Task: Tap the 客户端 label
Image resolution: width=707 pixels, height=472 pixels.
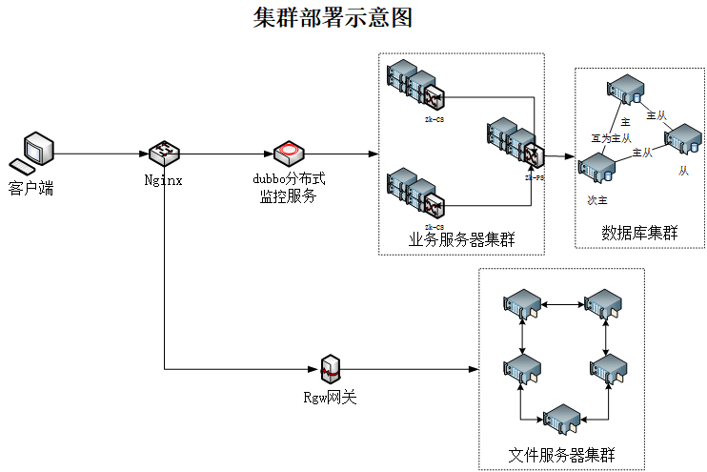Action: pyautogui.click(x=31, y=188)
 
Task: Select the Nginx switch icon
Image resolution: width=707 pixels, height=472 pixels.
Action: pyautogui.click(x=164, y=153)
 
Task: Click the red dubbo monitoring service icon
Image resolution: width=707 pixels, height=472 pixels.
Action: pyautogui.click(x=288, y=153)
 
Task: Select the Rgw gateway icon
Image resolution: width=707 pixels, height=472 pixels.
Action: pyautogui.click(x=330, y=368)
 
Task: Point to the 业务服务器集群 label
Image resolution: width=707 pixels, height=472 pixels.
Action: pyautogui.click(x=461, y=239)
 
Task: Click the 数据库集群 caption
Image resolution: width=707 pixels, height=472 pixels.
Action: pyautogui.click(x=638, y=233)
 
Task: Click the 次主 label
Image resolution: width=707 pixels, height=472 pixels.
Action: pyautogui.click(x=596, y=200)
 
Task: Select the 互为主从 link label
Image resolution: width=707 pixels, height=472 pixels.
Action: pyautogui.click(x=611, y=138)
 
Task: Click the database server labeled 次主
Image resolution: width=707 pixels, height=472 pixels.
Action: pyautogui.click(x=597, y=169)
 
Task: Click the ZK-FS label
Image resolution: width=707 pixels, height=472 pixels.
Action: pyautogui.click(x=534, y=177)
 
